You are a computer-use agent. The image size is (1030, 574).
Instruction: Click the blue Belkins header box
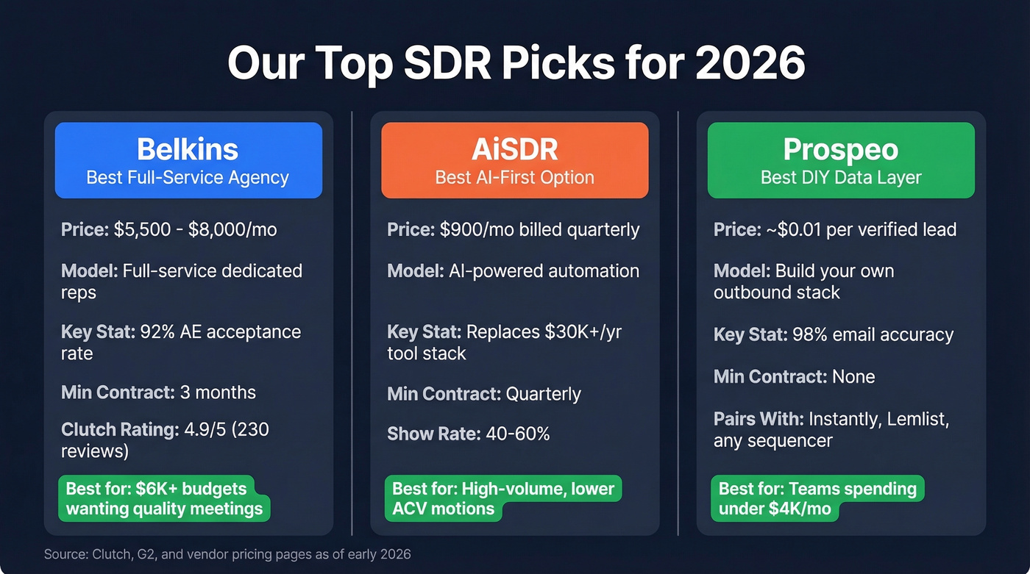point(188,160)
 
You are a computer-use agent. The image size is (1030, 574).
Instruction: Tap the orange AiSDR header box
point(514,160)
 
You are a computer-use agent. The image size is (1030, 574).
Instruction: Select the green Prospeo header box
point(841,160)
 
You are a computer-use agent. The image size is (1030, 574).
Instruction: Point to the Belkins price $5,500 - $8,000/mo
point(195,229)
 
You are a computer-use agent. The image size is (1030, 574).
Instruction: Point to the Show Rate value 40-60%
point(518,434)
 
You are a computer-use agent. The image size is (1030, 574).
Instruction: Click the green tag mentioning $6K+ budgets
point(163,498)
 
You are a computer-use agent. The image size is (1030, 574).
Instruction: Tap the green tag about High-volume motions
point(502,498)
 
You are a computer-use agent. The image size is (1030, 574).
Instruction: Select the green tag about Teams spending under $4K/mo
point(817,498)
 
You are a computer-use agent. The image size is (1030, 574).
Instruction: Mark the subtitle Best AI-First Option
point(514,177)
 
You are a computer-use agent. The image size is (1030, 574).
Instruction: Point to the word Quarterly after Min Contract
point(543,394)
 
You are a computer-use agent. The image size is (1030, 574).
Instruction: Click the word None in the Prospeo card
point(853,377)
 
